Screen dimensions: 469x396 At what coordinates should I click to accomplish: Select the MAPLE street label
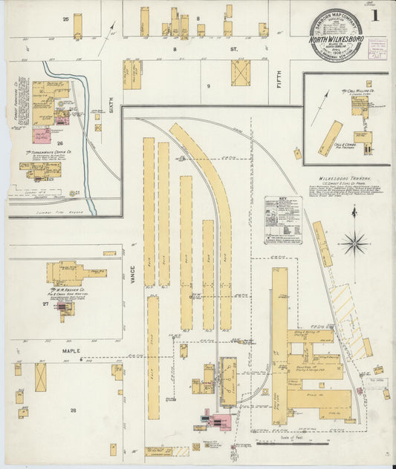coord(71,351)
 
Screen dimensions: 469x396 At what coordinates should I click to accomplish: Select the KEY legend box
coord(283,220)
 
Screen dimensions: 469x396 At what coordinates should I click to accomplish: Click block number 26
coord(60,142)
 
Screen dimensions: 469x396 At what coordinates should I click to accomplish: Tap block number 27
coord(45,304)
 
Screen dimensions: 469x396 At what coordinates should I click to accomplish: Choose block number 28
coord(73,410)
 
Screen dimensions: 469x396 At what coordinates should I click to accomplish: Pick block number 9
coord(209,86)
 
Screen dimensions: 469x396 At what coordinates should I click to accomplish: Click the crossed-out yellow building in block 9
coord(240,73)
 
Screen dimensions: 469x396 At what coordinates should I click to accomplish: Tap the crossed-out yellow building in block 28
coord(40,377)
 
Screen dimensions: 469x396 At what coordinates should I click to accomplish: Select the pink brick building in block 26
coord(42,137)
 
